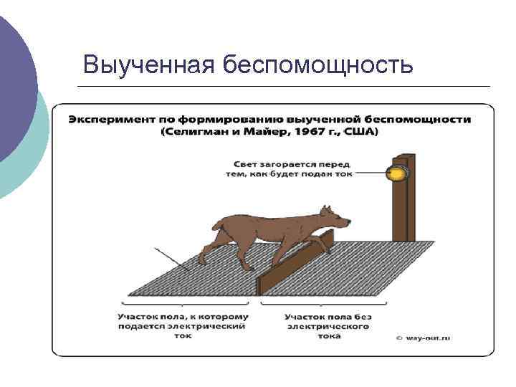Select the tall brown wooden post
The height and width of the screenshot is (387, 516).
(403, 201)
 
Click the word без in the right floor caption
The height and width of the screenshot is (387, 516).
(363, 316)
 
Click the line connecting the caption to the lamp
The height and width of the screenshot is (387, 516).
(369, 173)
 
